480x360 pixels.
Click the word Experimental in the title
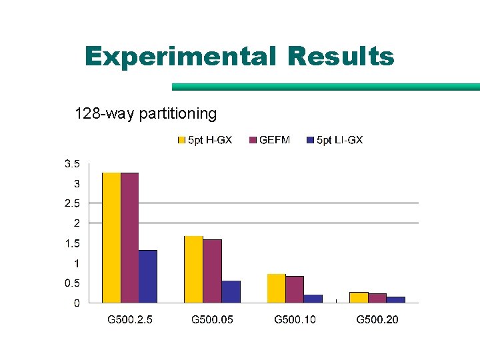click(x=180, y=57)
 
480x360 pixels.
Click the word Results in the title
click(x=341, y=57)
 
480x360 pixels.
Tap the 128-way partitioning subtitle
click(x=145, y=114)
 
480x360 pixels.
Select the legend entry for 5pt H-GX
click(x=205, y=140)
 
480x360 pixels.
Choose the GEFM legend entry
click(x=269, y=140)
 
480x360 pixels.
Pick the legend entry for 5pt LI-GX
click(x=334, y=140)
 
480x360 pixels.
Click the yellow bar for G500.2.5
click(x=111, y=237)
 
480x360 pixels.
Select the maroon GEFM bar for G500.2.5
click(x=129, y=237)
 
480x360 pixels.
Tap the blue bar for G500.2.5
click(x=147, y=276)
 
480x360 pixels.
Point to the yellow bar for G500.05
click(x=193, y=269)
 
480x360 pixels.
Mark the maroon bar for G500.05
click(x=212, y=271)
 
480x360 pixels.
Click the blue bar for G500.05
click(x=231, y=291)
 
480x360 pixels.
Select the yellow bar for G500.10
click(x=276, y=288)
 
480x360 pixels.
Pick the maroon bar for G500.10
click(x=295, y=289)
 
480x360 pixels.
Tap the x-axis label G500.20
click(x=377, y=320)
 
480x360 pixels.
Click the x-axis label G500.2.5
click(x=130, y=320)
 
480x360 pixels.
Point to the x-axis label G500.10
click(x=295, y=320)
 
